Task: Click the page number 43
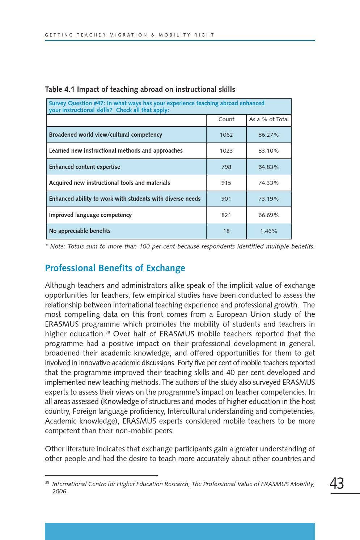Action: [337, 484]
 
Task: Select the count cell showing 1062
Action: [226, 135]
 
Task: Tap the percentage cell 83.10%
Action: [268, 151]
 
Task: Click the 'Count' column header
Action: [226, 119]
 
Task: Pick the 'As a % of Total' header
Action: [268, 119]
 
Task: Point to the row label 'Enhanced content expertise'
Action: [85, 167]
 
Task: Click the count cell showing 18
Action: [226, 231]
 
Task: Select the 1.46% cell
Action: [268, 231]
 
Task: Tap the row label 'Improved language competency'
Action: [90, 215]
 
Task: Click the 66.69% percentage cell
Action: [268, 215]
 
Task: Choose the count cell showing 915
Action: [226, 183]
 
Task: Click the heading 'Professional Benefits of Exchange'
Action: [115, 268]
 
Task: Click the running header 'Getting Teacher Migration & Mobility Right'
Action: [130, 35]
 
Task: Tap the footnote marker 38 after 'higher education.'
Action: [107, 332]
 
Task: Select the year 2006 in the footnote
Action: [59, 492]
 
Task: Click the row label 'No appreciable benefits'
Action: [80, 231]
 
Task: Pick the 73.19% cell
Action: [268, 199]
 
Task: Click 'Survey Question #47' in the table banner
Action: [77, 103]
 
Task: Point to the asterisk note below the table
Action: [180, 247]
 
